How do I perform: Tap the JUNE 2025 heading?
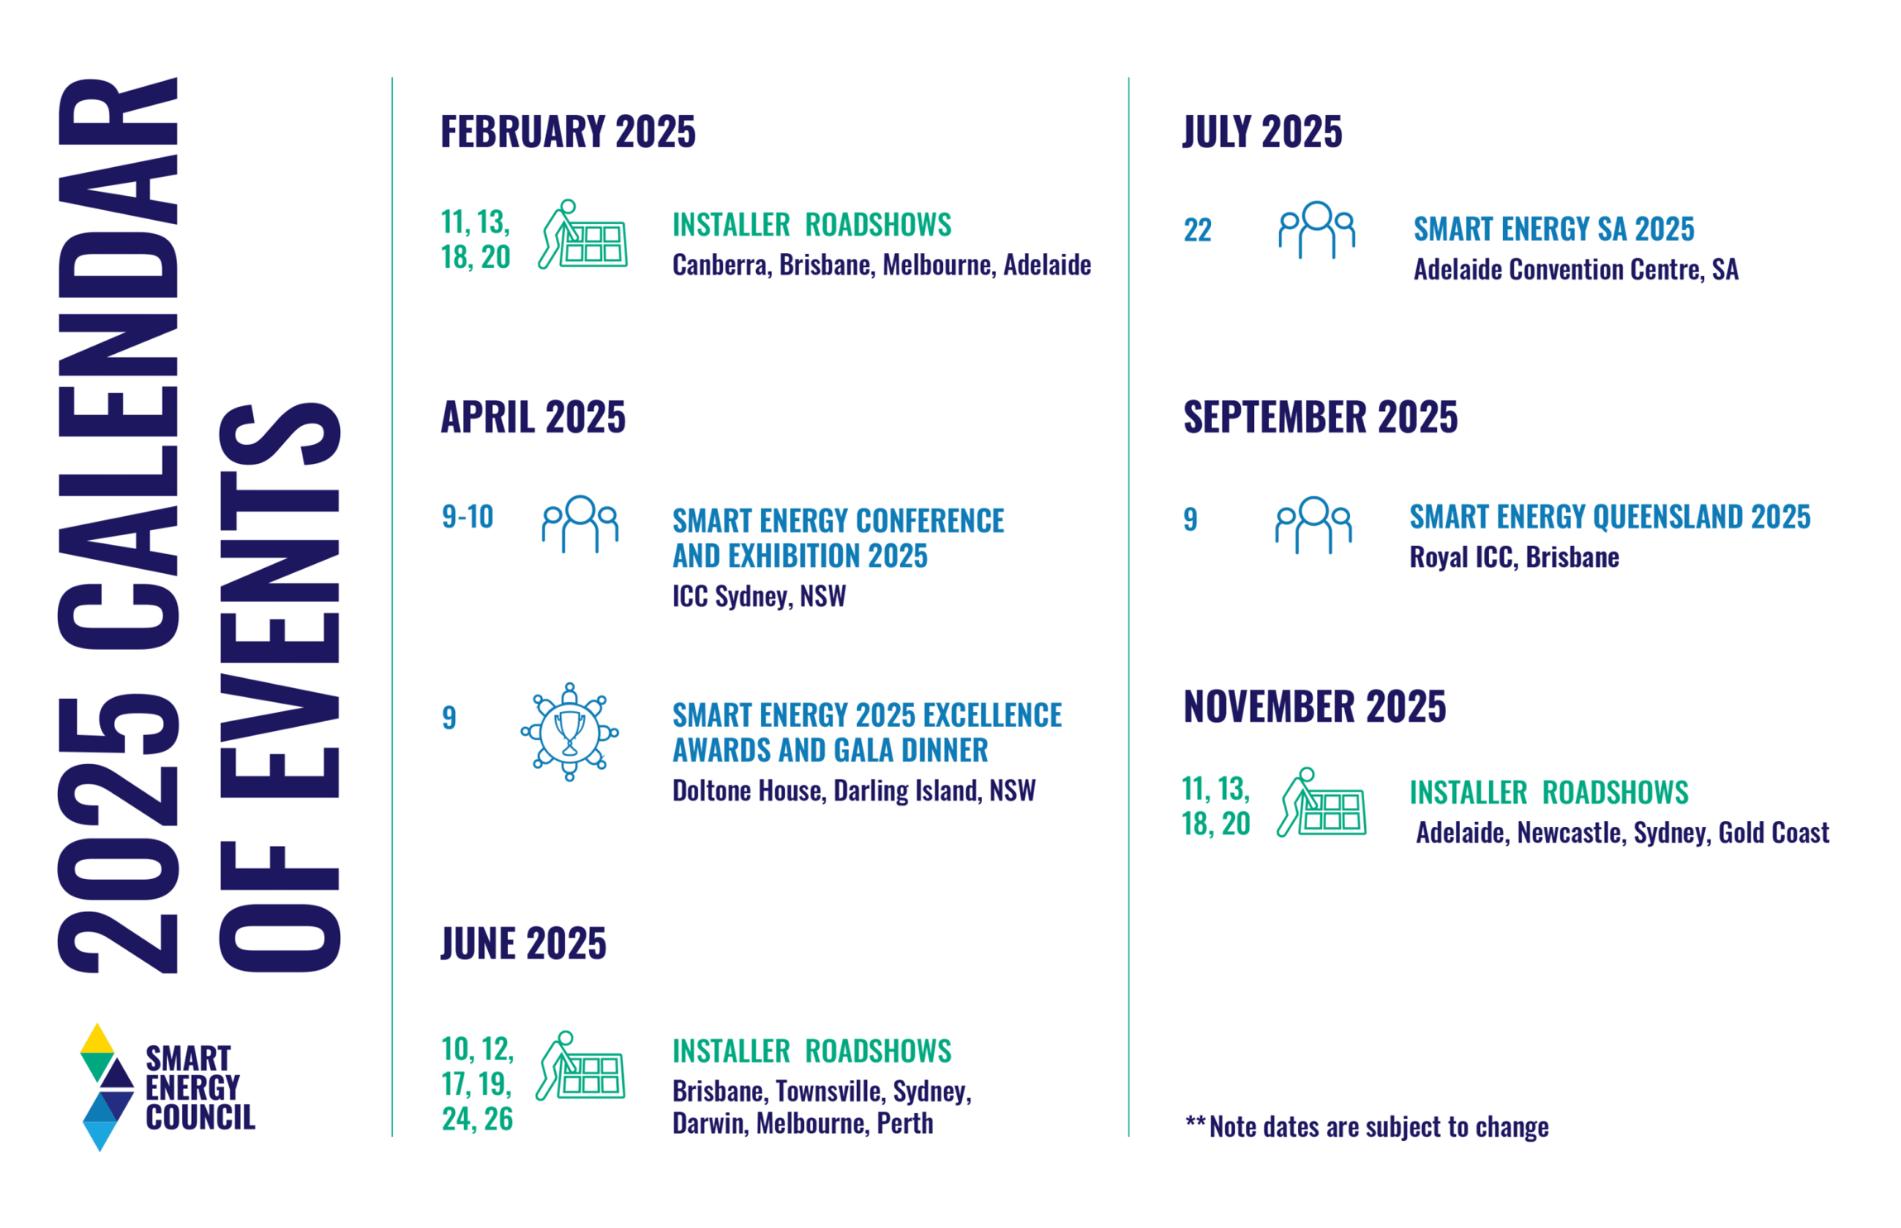pyautogui.click(x=522, y=943)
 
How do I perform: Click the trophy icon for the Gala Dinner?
pyautogui.click(x=568, y=731)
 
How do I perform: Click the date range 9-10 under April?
pyautogui.click(x=467, y=517)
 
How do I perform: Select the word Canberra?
pyautogui.click(x=720, y=265)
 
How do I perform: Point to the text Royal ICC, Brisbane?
pyautogui.click(x=1513, y=557)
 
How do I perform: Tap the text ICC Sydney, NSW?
pyautogui.click(x=758, y=596)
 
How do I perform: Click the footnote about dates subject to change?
pyautogui.click(x=1365, y=1126)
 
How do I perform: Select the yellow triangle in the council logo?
pyautogui.click(x=97, y=1039)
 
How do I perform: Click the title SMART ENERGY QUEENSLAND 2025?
pyautogui.click(x=1609, y=517)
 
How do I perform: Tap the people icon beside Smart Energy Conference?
pyautogui.click(x=579, y=523)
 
